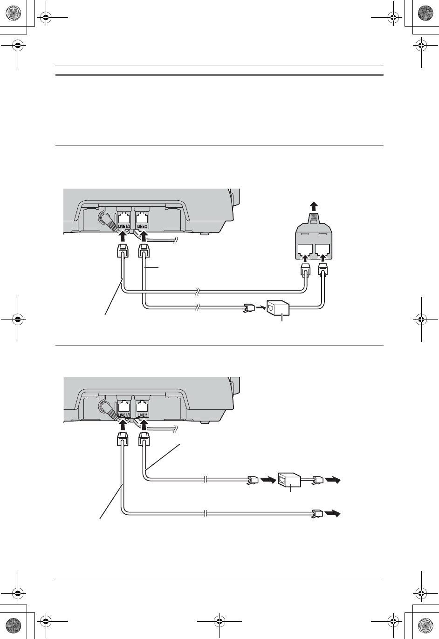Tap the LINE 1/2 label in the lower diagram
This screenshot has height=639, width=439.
(124, 415)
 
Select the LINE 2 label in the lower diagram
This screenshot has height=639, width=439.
(142, 415)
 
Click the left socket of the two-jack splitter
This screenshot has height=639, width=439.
(305, 250)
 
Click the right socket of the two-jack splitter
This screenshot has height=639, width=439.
(322, 250)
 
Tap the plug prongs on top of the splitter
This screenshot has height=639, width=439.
(314, 216)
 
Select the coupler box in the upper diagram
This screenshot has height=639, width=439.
(278, 307)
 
